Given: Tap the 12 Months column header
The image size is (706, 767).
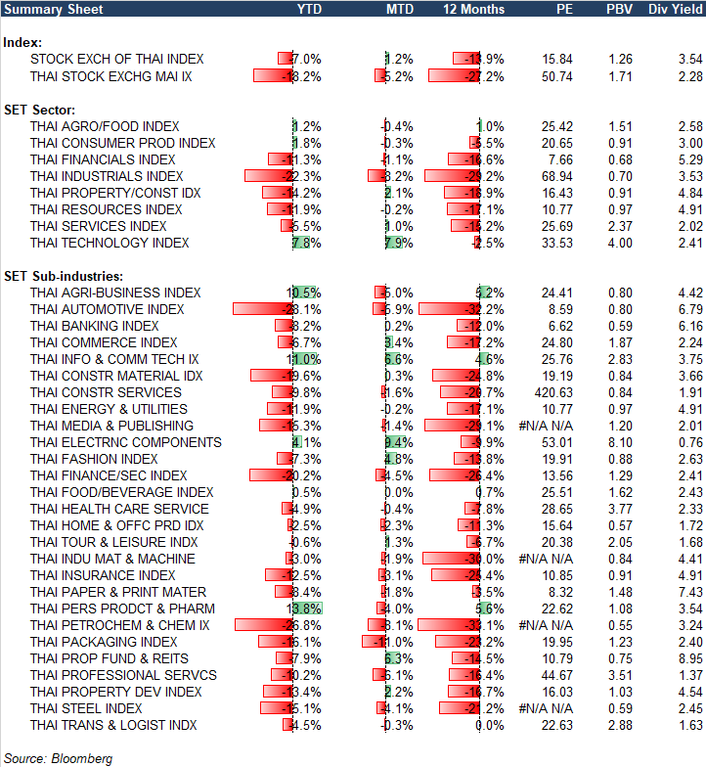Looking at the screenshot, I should coord(474,9).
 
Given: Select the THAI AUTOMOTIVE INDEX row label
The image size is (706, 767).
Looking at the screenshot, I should coord(107,309).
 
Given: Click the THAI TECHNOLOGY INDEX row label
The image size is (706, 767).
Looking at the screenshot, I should coord(110,243).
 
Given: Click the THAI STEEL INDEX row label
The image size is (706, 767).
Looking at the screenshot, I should coord(86,708).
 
